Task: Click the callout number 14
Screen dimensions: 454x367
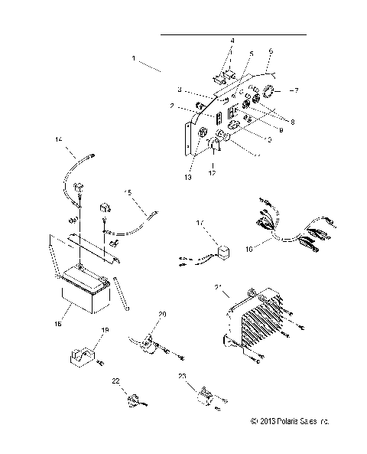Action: pos(58,139)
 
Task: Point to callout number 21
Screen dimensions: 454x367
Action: pos(218,287)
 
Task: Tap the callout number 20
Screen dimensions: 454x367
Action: pos(162,315)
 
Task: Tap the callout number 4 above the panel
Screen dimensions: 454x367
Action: pos(233,40)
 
